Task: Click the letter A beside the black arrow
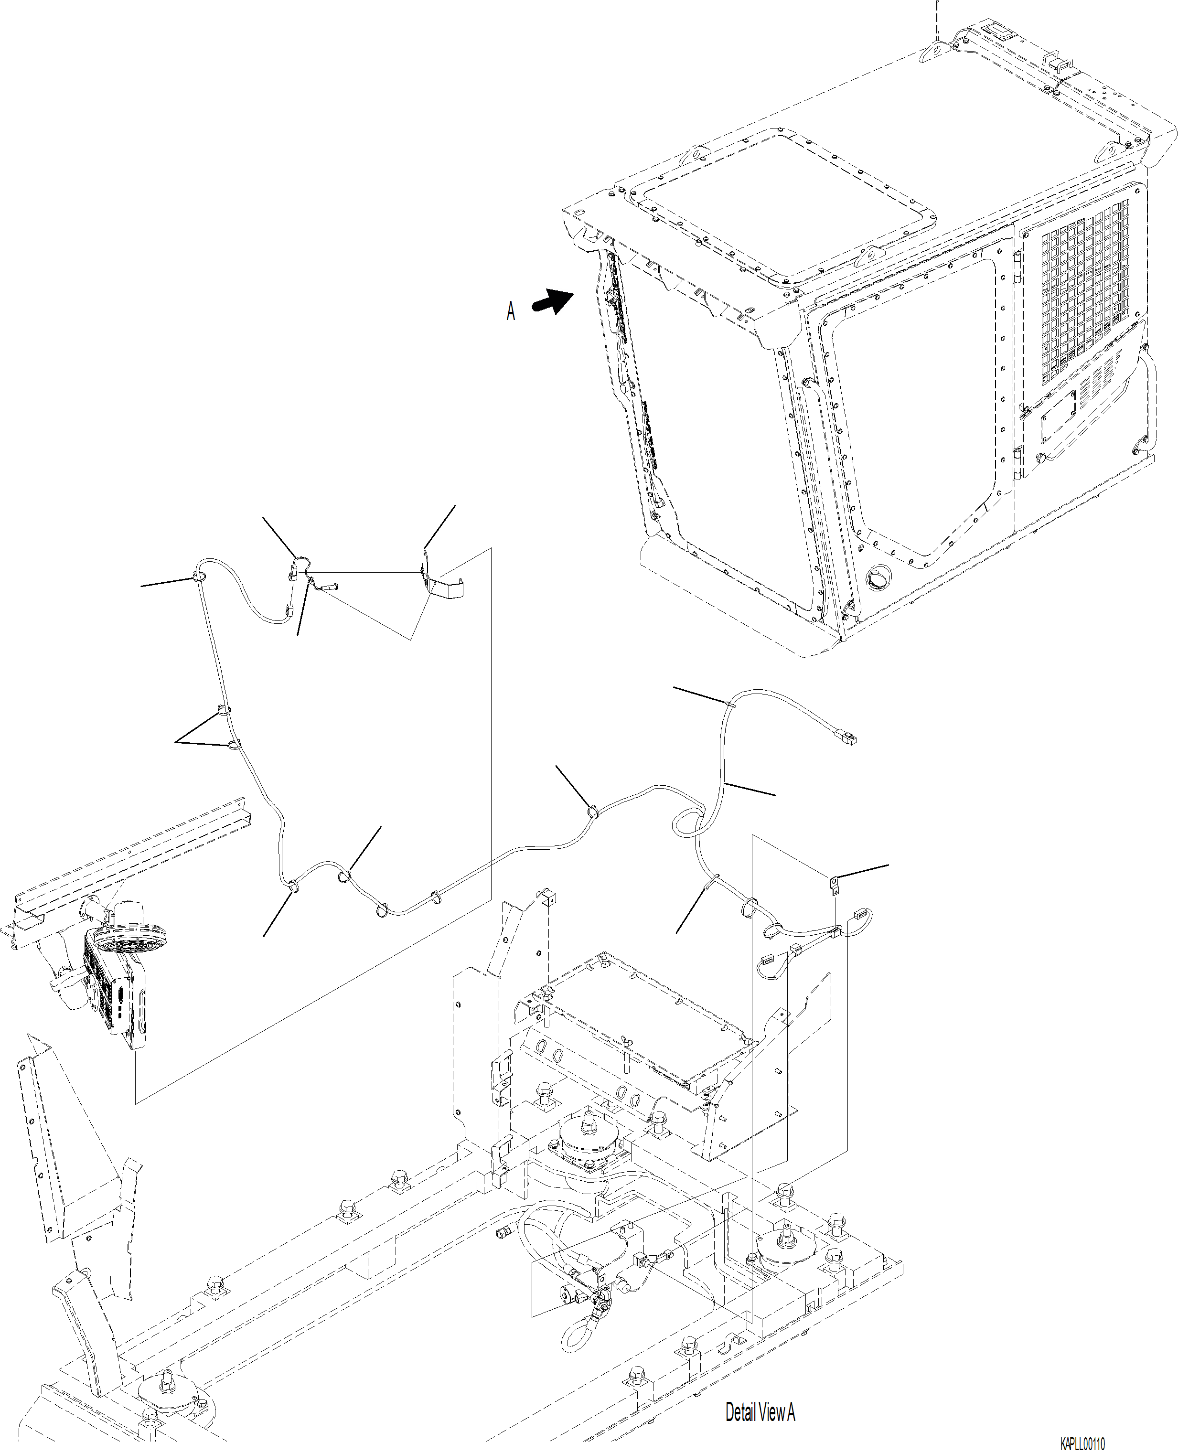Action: [510, 311]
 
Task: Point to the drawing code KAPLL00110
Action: [1082, 1442]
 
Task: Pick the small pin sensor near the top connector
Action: [329, 588]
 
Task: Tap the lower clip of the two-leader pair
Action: [234, 746]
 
